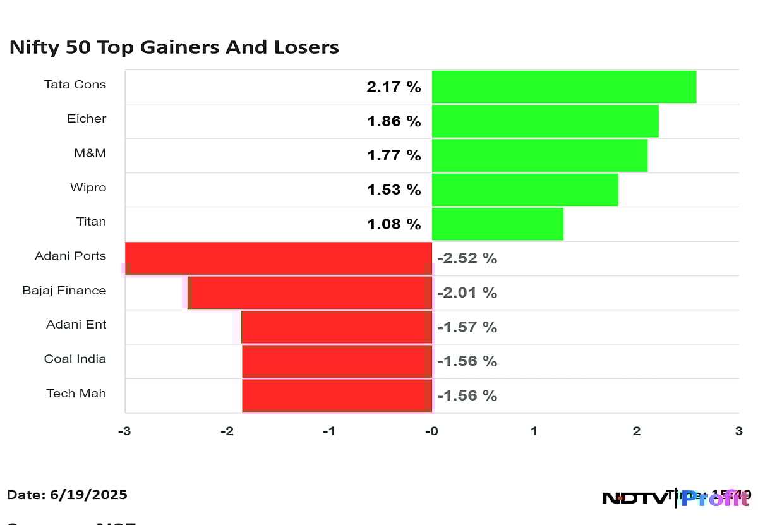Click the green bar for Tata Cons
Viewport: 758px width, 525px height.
coord(563,87)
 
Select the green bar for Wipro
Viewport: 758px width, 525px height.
coord(525,190)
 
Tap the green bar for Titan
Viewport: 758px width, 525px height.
coord(497,224)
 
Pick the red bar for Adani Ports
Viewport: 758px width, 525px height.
coord(279,258)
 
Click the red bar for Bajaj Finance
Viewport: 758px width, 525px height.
coord(310,293)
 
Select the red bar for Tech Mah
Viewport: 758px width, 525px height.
coord(337,395)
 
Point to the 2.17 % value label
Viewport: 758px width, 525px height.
coord(394,87)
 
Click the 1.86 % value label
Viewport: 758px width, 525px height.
coord(394,121)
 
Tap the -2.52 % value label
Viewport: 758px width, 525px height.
coord(467,258)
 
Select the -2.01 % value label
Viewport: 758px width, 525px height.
coord(467,293)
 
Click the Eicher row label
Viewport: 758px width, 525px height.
coord(87,119)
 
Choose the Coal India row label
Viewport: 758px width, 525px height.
coord(75,359)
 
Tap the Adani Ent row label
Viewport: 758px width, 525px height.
coord(76,325)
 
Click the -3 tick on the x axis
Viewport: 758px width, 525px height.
coord(125,431)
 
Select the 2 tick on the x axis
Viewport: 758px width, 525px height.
coord(636,431)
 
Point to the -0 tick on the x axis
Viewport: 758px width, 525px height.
coord(431,431)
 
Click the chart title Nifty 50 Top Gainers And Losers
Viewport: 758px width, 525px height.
coord(174,47)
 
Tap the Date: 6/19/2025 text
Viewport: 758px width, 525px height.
coord(67,495)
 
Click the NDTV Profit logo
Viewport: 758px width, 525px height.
coord(675,498)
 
